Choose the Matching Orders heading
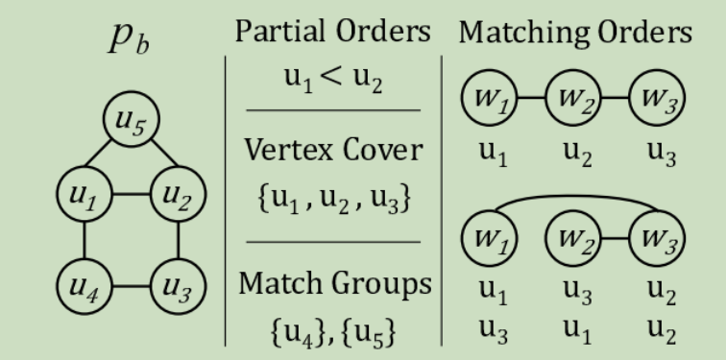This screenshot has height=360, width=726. (573, 32)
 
